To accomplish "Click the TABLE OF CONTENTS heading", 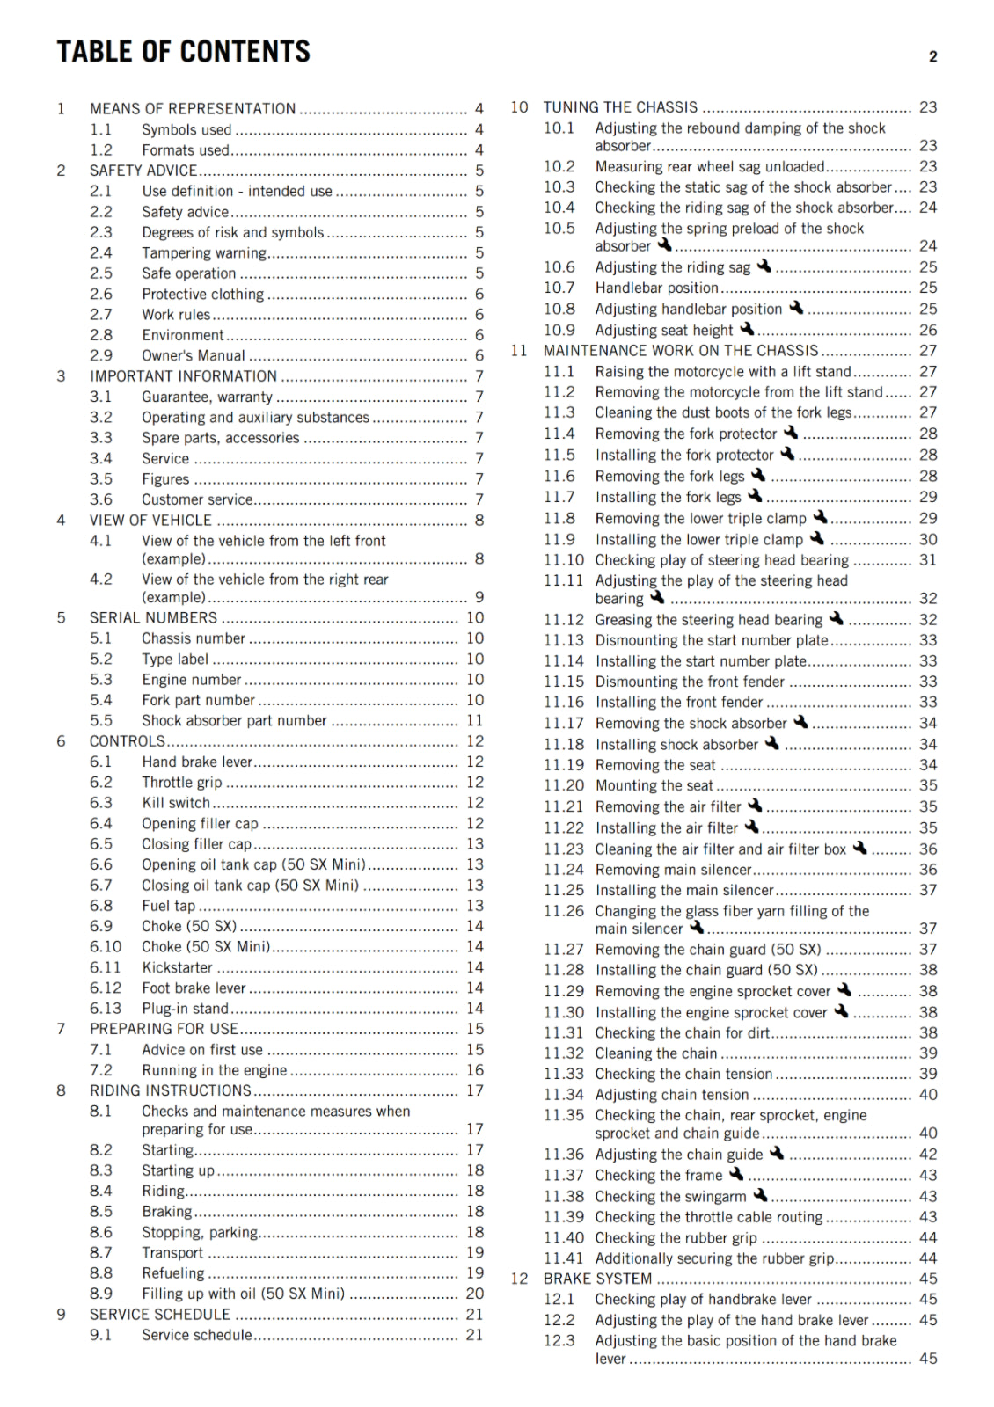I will point(183,52).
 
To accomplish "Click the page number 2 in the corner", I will point(932,57).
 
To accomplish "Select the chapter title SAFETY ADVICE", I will point(143,171).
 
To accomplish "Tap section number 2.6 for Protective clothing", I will point(101,294).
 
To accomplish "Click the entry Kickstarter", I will point(177,967).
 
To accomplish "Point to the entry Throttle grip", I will point(181,783).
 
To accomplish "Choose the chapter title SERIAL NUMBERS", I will point(153,617).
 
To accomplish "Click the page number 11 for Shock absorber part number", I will point(474,720).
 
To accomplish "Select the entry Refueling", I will point(172,1272).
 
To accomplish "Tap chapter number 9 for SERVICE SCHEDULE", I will point(61,1315).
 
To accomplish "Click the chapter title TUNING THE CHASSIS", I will point(620,107).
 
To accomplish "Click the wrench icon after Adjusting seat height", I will point(747,329).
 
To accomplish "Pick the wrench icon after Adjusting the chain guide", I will point(777,1153).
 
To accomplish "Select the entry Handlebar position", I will point(656,288).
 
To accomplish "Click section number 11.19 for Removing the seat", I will point(563,765).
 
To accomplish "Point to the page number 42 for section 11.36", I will point(927,1154).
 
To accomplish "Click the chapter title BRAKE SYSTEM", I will point(597,1279).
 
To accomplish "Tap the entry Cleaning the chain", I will point(655,1053).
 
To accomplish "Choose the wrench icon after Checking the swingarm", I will point(761,1195).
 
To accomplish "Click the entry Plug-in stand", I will point(185,1009).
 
